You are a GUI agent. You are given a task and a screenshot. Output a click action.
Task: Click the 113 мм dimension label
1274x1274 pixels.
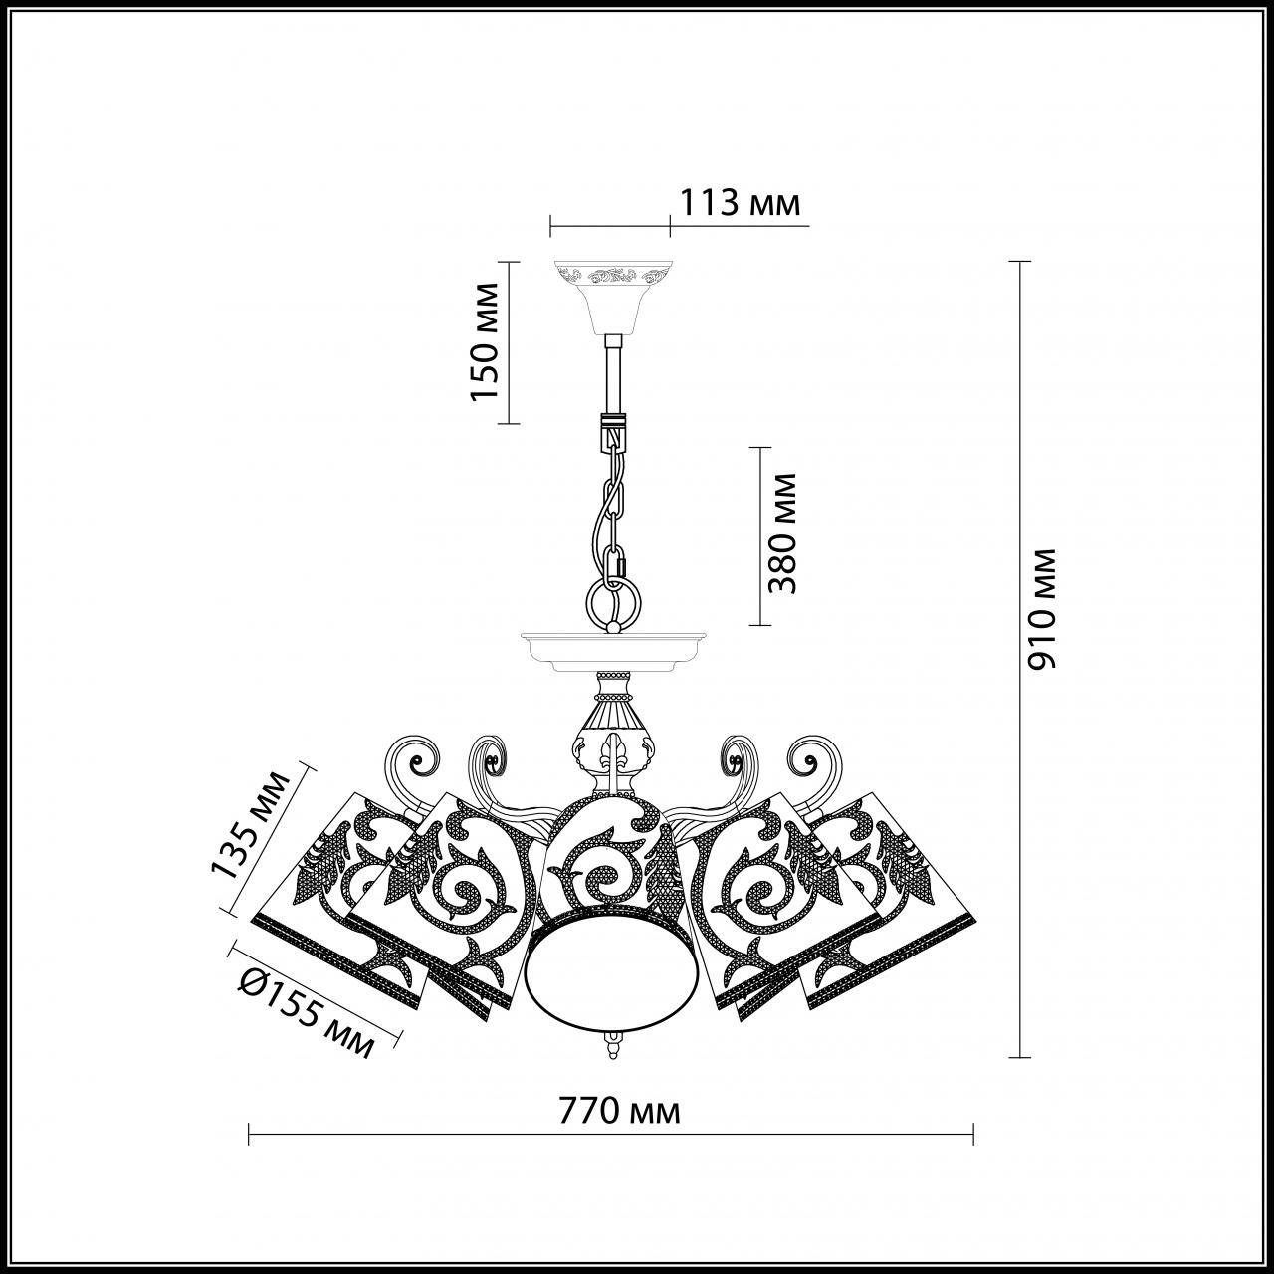pos(739,203)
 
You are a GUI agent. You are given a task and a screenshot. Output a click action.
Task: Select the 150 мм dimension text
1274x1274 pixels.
pos(485,341)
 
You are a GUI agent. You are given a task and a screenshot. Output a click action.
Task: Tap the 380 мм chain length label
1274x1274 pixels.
pos(784,533)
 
